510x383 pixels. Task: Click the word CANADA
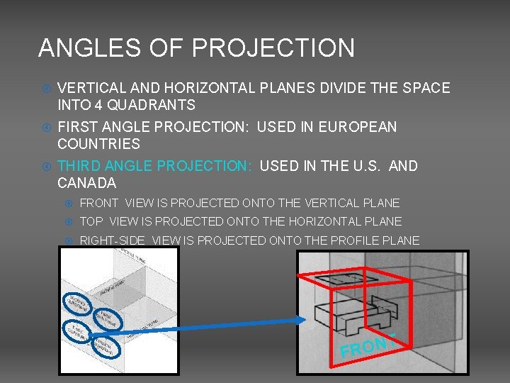pyautogui.click(x=86, y=183)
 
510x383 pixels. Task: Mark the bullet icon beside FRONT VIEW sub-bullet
pyautogui.click(x=69, y=204)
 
